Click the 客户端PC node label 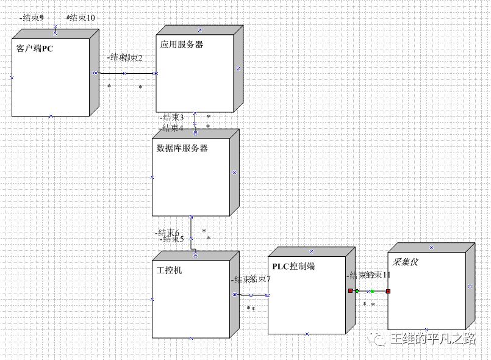[x=35, y=49]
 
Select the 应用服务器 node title [x=182, y=45]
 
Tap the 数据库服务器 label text [x=182, y=148]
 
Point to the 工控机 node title [x=170, y=270]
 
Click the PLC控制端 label [x=293, y=267]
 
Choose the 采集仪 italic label [x=406, y=262]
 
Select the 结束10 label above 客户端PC [x=82, y=18]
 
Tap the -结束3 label [x=172, y=117]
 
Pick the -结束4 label [x=172, y=128]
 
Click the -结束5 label [x=170, y=239]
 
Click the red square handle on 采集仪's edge [x=388, y=291]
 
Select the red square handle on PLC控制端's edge [x=350, y=291]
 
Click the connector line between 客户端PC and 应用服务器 [x=125, y=73]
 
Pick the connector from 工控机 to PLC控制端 [x=259, y=295]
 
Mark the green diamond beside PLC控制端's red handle [x=357, y=291]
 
